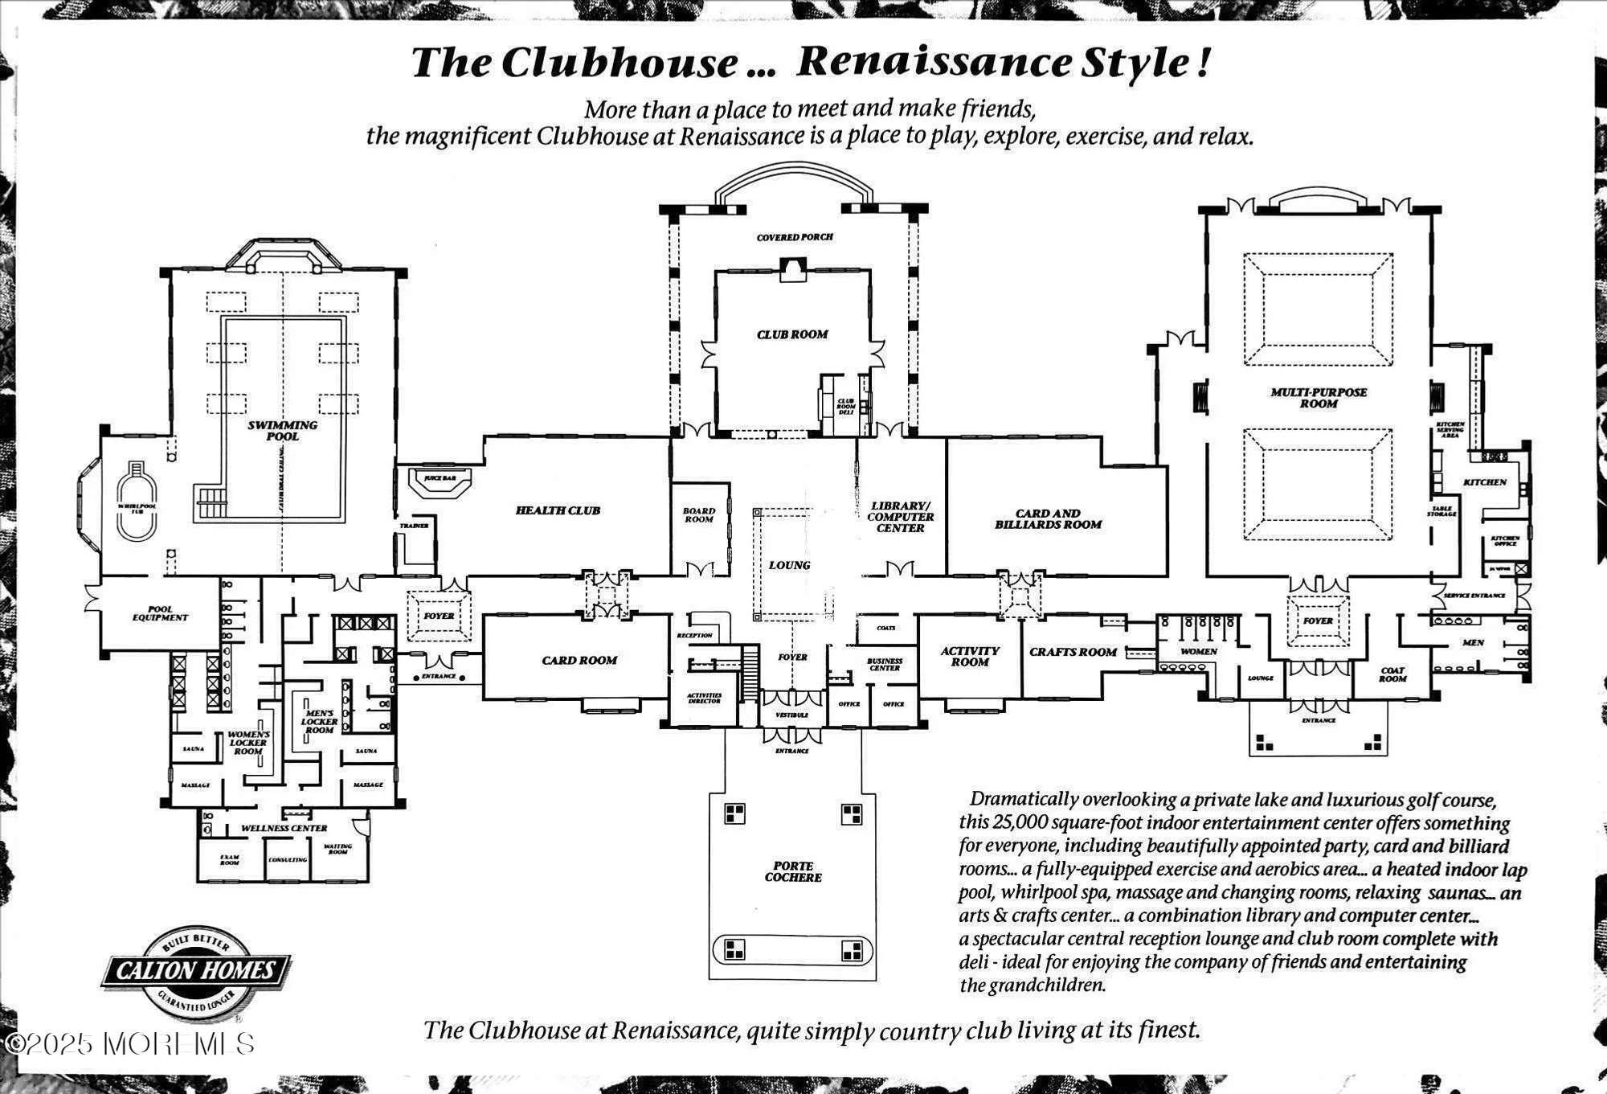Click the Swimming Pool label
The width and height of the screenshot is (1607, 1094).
pos(282,431)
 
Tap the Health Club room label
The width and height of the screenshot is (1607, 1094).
pos(558,510)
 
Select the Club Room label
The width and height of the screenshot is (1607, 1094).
pos(792,334)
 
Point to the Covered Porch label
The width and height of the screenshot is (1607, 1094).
pos(795,237)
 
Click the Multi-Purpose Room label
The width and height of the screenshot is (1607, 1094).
pos(1319,398)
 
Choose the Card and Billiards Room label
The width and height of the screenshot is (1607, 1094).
pos(1048,519)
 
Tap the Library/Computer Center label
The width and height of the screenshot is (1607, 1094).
pos(900,517)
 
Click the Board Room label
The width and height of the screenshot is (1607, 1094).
pos(699,515)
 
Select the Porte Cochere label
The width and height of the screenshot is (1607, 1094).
pos(793,871)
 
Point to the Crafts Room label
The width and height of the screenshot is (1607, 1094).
pos(1073,652)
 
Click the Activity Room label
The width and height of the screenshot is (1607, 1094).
pos(970,657)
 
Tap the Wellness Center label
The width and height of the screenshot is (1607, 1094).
pos(284,828)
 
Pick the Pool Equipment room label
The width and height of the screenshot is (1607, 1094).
pos(160,613)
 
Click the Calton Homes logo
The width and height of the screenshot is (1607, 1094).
pos(196,971)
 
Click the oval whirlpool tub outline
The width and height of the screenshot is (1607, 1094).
pos(137,505)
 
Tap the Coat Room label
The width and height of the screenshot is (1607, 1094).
pos(1392,674)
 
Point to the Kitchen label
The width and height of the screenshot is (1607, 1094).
pos(1484,482)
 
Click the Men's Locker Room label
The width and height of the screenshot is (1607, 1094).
pos(319,721)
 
